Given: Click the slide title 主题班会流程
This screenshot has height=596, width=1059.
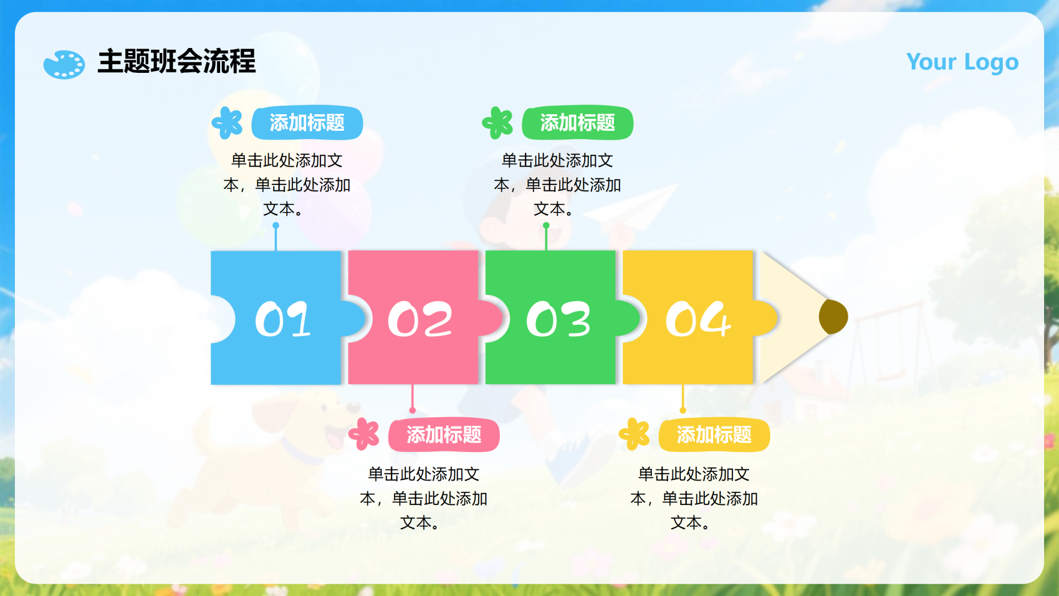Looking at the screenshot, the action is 176,61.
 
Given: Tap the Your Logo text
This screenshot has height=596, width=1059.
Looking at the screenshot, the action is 962,62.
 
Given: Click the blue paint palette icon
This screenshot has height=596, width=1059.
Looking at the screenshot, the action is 64,65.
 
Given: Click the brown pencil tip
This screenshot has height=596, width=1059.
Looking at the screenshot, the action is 833,317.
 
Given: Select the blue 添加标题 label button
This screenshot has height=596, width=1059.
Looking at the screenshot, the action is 307,123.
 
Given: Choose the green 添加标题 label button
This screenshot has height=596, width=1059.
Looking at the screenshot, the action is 577,123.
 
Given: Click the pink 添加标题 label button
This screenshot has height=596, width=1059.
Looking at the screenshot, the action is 444,435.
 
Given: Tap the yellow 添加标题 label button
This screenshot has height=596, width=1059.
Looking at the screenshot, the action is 714,435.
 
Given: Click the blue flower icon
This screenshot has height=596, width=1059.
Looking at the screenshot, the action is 227,123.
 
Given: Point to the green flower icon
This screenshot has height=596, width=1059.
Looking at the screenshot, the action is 498,123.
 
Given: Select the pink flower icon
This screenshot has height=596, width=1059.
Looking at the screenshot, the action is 364,434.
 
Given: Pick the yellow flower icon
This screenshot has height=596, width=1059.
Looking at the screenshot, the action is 634,434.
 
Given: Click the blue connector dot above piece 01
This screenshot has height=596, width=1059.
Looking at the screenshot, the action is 276,225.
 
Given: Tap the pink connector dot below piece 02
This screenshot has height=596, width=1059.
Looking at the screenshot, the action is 413,410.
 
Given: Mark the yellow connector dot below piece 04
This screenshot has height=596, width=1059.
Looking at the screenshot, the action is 683,410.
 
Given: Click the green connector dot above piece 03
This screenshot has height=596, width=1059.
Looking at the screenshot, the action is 546,225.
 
